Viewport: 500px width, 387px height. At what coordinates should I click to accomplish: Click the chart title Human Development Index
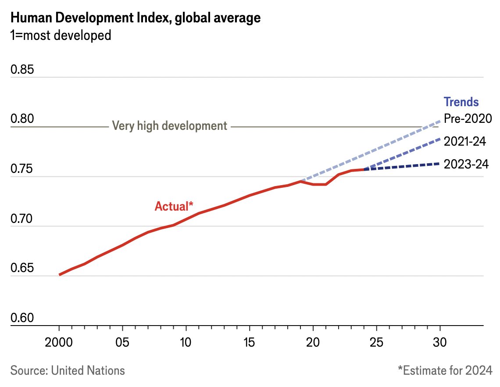click(x=135, y=18)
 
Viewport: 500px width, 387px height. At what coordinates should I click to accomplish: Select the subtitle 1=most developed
click(x=61, y=35)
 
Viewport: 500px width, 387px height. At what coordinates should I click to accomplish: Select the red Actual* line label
click(x=174, y=206)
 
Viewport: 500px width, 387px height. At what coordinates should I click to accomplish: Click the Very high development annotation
click(x=170, y=126)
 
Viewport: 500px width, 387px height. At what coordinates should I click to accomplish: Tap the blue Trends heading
click(x=461, y=102)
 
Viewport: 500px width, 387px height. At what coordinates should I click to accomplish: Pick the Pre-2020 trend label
click(x=467, y=118)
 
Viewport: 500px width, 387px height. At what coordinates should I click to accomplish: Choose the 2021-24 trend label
click(x=466, y=141)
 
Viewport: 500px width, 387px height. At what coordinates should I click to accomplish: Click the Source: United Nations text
click(x=68, y=370)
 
